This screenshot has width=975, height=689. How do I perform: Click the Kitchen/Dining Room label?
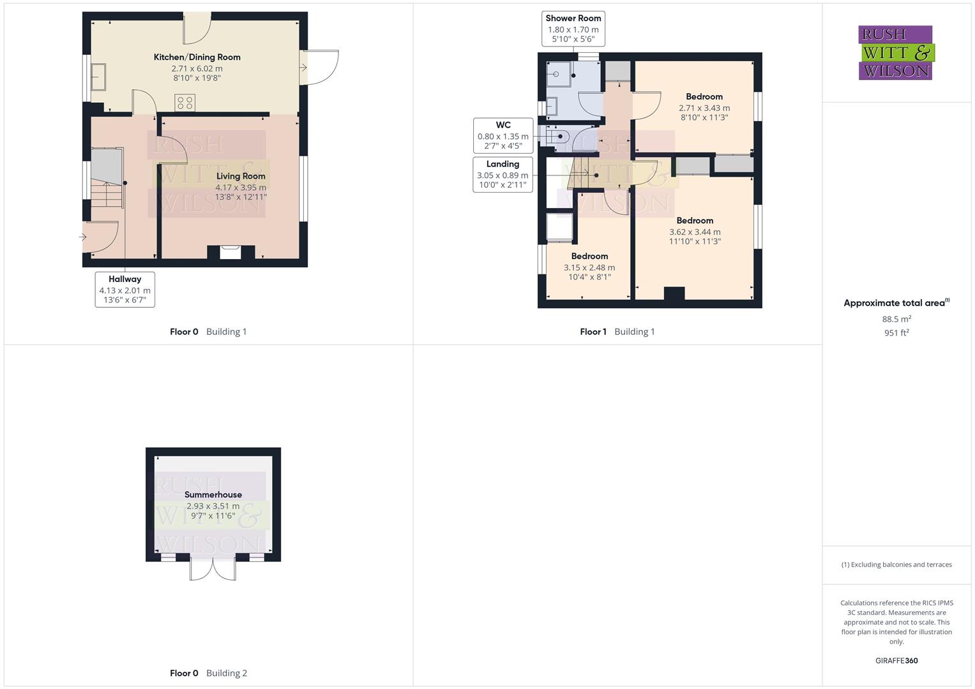click(x=197, y=57)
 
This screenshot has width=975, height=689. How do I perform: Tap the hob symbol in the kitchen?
click(x=185, y=102)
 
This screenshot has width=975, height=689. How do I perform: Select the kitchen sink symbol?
click(x=99, y=77)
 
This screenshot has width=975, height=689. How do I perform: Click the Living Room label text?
click(x=241, y=176)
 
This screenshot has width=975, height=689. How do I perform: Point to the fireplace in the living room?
click(x=230, y=253)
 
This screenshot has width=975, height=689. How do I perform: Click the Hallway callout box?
click(x=125, y=289)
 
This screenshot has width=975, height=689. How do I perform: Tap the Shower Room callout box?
click(x=573, y=29)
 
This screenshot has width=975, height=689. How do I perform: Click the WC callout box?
click(x=503, y=135)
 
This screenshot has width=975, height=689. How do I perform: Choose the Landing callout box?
click(x=503, y=174)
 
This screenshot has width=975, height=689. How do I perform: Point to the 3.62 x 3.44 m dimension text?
click(x=695, y=232)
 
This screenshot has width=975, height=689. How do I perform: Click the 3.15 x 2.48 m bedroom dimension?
click(x=589, y=268)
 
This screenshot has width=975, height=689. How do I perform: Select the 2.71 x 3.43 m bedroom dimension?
click(x=704, y=108)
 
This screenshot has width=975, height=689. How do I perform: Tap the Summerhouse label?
click(x=213, y=494)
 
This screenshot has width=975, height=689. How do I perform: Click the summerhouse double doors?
click(x=213, y=568)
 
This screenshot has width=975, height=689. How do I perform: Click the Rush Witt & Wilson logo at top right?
click(x=896, y=52)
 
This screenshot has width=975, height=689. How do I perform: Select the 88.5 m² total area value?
click(x=896, y=319)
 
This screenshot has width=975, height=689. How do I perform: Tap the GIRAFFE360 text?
click(x=896, y=661)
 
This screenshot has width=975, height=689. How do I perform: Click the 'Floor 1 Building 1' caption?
click(x=617, y=332)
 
